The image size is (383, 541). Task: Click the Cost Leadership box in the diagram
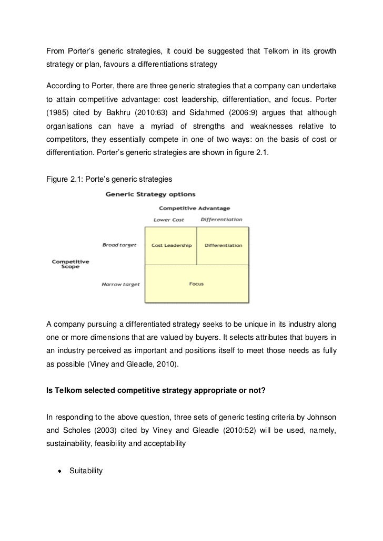171,245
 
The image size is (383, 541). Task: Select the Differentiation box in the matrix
223,245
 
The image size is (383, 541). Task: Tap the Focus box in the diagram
196,284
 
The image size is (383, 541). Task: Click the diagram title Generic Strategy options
151,194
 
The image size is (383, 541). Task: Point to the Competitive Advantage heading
194,208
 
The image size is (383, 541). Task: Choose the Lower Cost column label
169,220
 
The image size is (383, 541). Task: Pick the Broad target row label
119,245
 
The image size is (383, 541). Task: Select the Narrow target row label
120,285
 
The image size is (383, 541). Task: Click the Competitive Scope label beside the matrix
70,264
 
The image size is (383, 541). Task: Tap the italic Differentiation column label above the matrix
221,220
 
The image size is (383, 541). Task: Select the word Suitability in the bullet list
86,471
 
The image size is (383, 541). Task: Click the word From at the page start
56,51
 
